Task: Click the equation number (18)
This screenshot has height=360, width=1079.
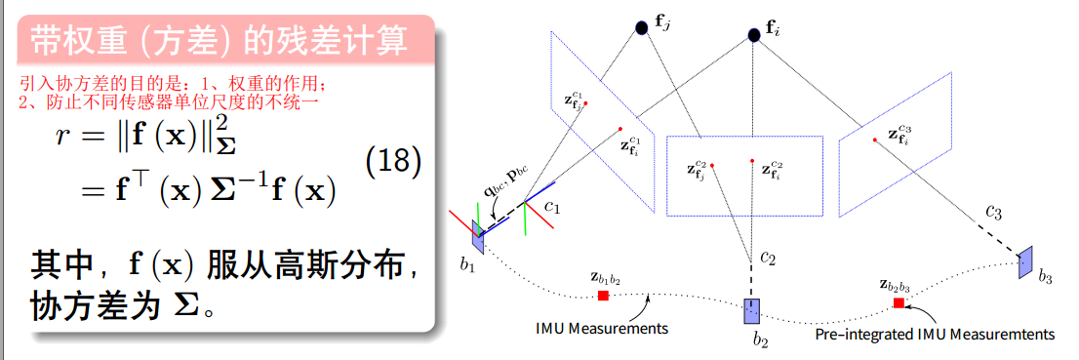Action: coord(393,162)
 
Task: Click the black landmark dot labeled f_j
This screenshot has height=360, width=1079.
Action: coord(641,28)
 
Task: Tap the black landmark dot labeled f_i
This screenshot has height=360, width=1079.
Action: coord(753,35)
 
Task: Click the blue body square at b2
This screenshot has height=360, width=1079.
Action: coord(751,311)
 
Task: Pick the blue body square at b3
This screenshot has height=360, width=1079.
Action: coord(1024,262)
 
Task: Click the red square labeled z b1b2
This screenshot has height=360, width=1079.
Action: coord(603,296)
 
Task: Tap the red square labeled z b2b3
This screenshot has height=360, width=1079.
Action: coord(898,303)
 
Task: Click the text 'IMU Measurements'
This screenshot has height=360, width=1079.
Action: coord(602,328)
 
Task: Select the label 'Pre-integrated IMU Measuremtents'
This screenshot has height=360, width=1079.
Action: coord(935,335)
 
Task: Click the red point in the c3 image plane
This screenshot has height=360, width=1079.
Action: coord(876,140)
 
